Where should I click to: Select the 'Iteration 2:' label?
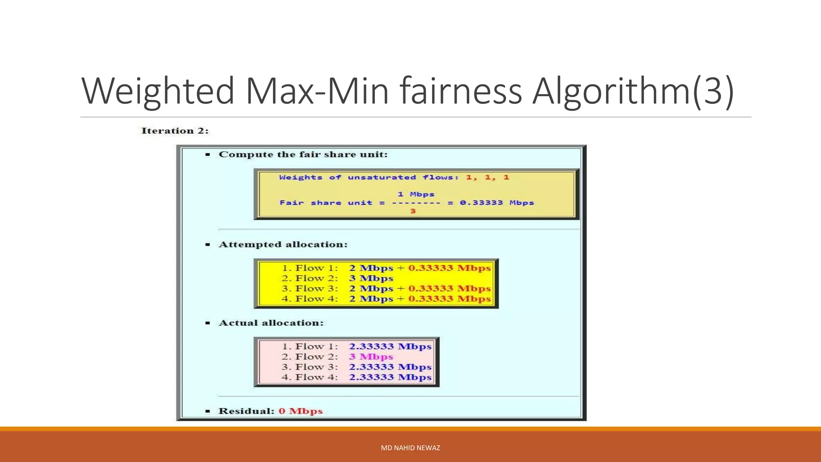(175, 131)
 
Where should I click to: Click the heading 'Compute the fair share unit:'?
(303, 154)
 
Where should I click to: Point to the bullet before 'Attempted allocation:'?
(208, 245)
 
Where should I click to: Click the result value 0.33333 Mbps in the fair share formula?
(497, 203)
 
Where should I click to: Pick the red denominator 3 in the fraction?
(413, 211)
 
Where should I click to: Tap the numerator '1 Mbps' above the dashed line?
(416, 195)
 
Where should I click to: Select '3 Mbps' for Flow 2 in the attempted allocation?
(371, 278)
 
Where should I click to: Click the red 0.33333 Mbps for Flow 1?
(449, 268)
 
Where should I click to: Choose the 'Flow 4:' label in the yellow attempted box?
(316, 299)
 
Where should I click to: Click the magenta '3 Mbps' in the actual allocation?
(371, 357)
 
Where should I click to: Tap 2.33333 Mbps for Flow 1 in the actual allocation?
(390, 346)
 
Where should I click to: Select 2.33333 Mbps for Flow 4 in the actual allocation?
(390, 377)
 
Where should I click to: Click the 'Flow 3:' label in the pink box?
(316, 367)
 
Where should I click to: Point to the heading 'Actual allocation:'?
(271, 323)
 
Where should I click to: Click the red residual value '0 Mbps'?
(301, 411)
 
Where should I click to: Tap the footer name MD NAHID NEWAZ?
(410, 448)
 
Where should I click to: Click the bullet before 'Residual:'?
(208, 411)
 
